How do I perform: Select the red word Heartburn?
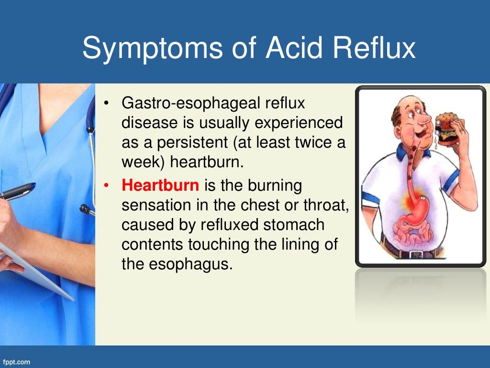click(160, 185)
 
